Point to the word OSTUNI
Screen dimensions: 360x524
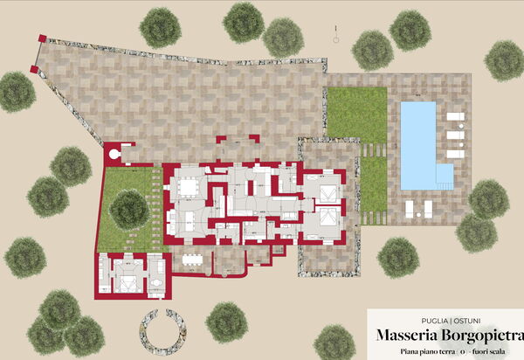[x=443, y=319]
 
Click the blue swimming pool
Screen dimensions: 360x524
[x=417, y=140]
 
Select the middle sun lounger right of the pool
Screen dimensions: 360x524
[x=455, y=135]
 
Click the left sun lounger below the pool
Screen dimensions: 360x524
[x=410, y=208]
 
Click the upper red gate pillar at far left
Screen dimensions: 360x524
[x=41, y=39]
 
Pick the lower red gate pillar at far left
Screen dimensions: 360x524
[x=34, y=68]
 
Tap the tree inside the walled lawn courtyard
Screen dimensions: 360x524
[x=129, y=208]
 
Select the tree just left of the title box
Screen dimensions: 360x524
[x=334, y=342]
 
